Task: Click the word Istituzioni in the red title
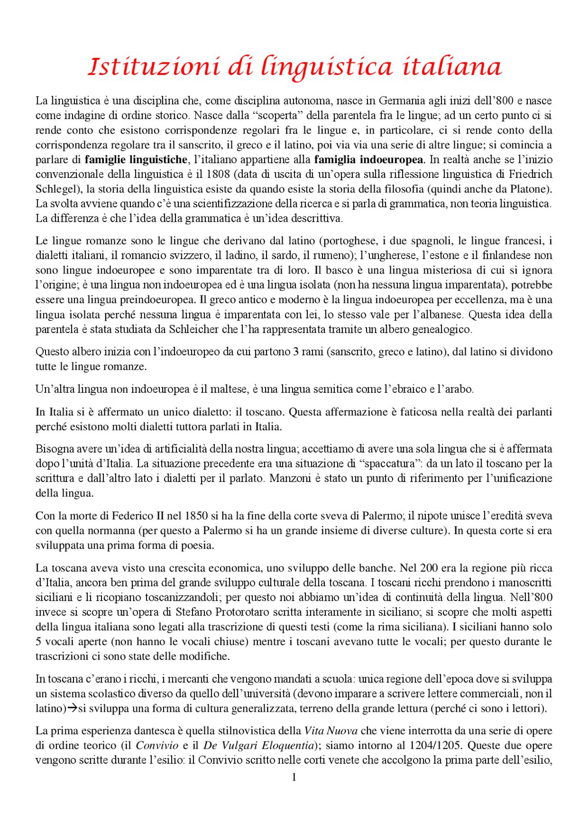[154, 67]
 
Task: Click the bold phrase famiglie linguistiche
[136, 159]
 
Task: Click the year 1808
[219, 174]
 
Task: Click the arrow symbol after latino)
[73, 708]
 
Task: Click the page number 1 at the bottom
[294, 777]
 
